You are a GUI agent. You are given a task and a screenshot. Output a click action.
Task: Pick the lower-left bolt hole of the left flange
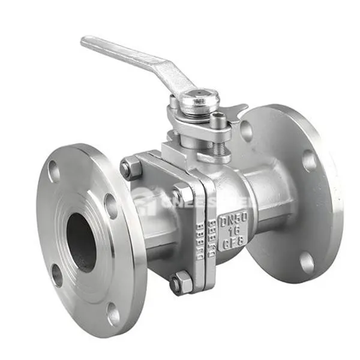point(56,275)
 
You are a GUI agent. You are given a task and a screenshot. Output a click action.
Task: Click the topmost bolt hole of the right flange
point(247,130)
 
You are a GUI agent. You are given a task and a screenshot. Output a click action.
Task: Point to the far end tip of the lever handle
point(87,42)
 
